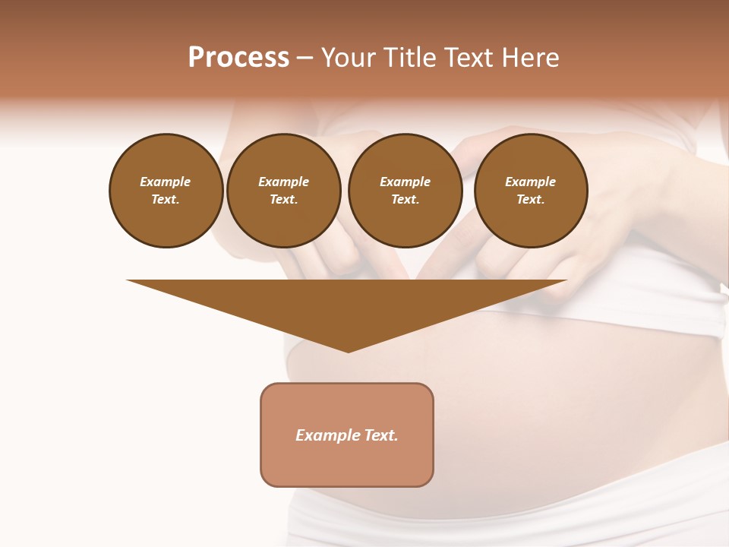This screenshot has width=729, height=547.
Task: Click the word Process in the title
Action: (238, 58)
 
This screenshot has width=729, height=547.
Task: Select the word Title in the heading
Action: (412, 58)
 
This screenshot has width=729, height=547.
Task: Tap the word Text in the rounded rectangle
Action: (381, 435)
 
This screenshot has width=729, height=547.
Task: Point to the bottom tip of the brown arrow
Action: (348, 350)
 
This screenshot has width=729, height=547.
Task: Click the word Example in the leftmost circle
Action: (166, 182)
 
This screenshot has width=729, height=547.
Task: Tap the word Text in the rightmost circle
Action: (530, 200)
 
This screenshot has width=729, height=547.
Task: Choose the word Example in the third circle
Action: (405, 182)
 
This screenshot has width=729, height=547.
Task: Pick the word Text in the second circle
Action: (282, 200)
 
